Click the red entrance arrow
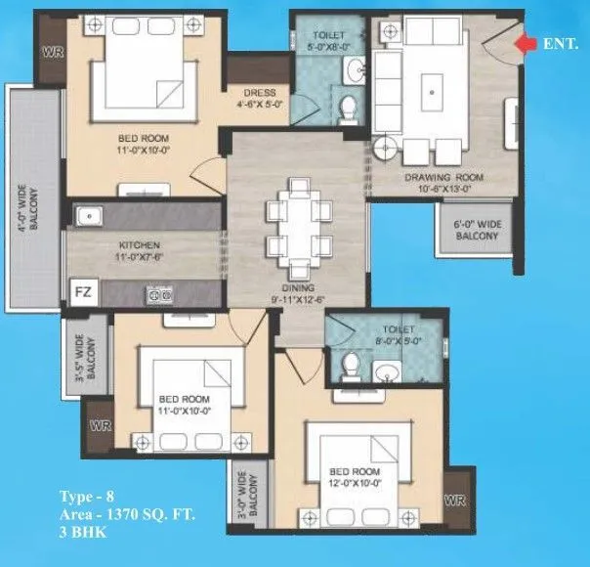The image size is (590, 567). (x=527, y=44)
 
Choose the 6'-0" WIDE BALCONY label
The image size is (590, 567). (x=477, y=230)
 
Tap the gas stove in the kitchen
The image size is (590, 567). (x=158, y=291)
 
